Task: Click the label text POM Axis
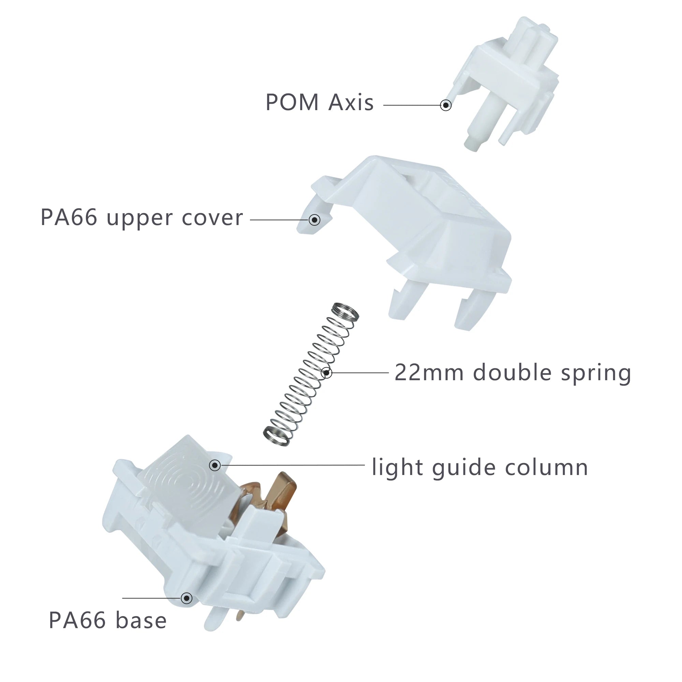pyautogui.click(x=320, y=102)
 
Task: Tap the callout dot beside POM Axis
pyautogui.click(x=446, y=105)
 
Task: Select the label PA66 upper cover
pyautogui.click(x=142, y=217)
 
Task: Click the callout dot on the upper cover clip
pyautogui.click(x=314, y=220)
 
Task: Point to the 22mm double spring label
pyautogui.click(x=513, y=372)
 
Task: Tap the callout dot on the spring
pyautogui.click(x=327, y=372)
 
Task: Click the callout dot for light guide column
pyautogui.click(x=215, y=465)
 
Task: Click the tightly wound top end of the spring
pyautogui.click(x=346, y=311)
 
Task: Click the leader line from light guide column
pyautogui.click(x=293, y=465)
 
